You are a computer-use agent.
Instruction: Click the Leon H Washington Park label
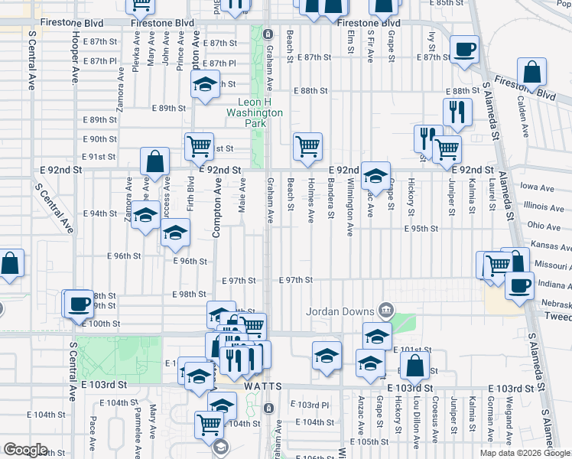click(255, 112)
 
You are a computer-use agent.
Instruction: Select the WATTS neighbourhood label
click(264, 387)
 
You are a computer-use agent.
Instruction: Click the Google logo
click(26, 450)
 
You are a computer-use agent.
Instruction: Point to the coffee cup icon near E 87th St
click(464, 50)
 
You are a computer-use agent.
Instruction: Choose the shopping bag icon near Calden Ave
click(532, 72)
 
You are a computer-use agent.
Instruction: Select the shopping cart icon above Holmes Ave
click(307, 145)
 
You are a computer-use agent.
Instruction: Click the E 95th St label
click(421, 228)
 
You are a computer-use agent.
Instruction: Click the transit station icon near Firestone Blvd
click(268, 34)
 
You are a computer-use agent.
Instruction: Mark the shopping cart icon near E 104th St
click(209, 423)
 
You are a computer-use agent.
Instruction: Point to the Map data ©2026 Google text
click(525, 453)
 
